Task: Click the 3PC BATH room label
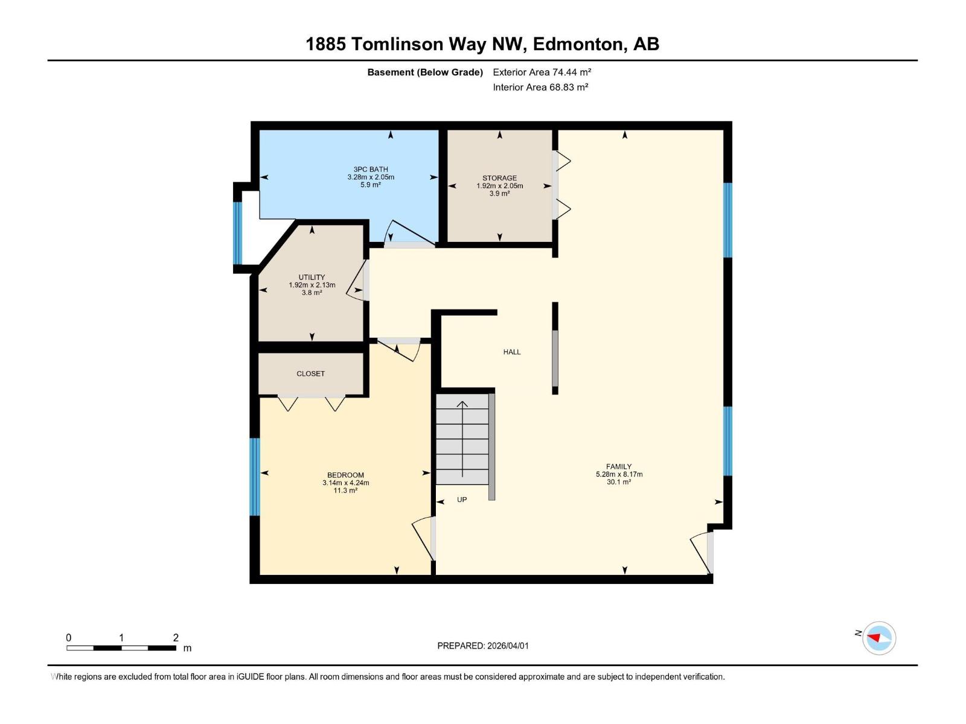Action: pos(371,170)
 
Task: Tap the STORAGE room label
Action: pos(499,178)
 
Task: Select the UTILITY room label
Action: pos(312,278)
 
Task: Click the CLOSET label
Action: pos(310,373)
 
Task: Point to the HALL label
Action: pos(511,352)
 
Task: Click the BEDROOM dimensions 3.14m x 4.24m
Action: pos(345,483)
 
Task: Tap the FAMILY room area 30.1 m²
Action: pos(619,482)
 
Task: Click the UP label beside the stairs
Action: pos(462,500)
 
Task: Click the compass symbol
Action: pos(878,638)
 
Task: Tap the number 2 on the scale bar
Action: pos(176,638)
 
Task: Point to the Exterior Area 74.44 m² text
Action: pos(542,72)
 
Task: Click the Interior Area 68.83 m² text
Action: pos(540,87)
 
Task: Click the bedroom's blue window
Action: pos(255,477)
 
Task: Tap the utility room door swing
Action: pos(357,281)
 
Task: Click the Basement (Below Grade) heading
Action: pos(425,72)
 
